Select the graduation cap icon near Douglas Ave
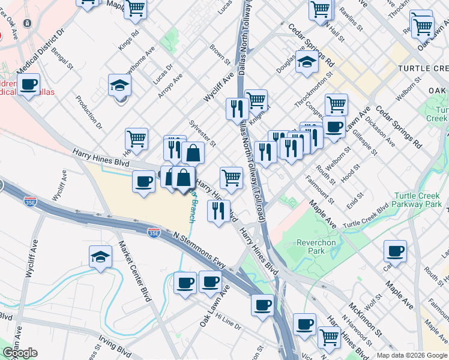click(x=307, y=63)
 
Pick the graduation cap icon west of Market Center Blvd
click(x=100, y=257)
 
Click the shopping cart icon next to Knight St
click(x=256, y=99)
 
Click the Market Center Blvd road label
click(x=136, y=271)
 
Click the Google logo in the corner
click(x=20, y=353)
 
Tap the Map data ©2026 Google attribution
click(x=411, y=355)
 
